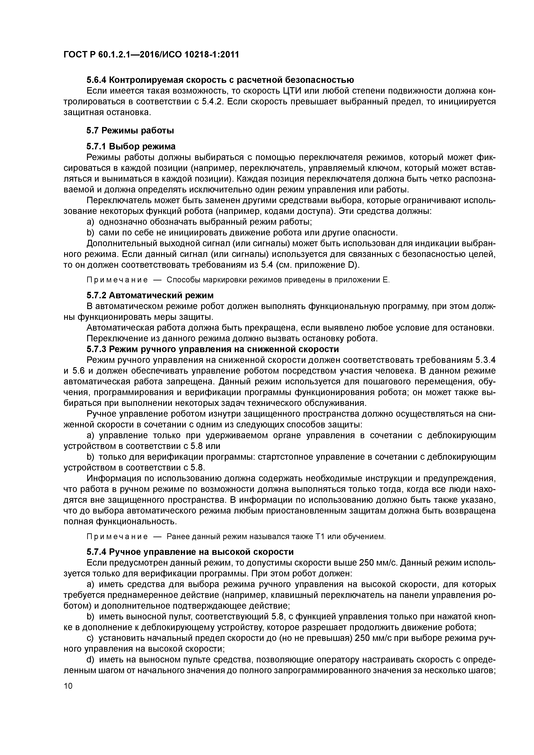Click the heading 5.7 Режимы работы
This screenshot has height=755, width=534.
click(x=130, y=131)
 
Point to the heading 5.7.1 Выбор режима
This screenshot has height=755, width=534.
click(x=131, y=146)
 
